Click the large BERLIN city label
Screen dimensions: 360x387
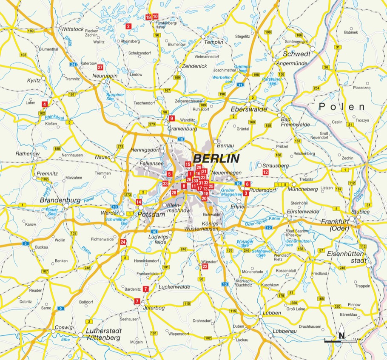pos(216,159)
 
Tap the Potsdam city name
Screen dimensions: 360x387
pos(151,215)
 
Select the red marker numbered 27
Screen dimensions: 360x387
pos(100,67)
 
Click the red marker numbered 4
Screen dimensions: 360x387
pos(44,104)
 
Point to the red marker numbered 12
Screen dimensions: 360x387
pos(266,172)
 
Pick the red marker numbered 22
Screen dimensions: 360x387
pos(205,266)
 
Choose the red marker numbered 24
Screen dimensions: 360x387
pos(123,242)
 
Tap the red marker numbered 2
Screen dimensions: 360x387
pos(128,26)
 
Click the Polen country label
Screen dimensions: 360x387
pos(342,107)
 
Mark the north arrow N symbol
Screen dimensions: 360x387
pos(341,335)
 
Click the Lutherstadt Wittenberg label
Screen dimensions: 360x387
pos(104,334)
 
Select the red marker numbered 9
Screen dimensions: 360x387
pos(172,119)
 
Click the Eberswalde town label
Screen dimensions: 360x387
pos(248,109)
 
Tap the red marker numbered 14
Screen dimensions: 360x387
pos(139,202)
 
